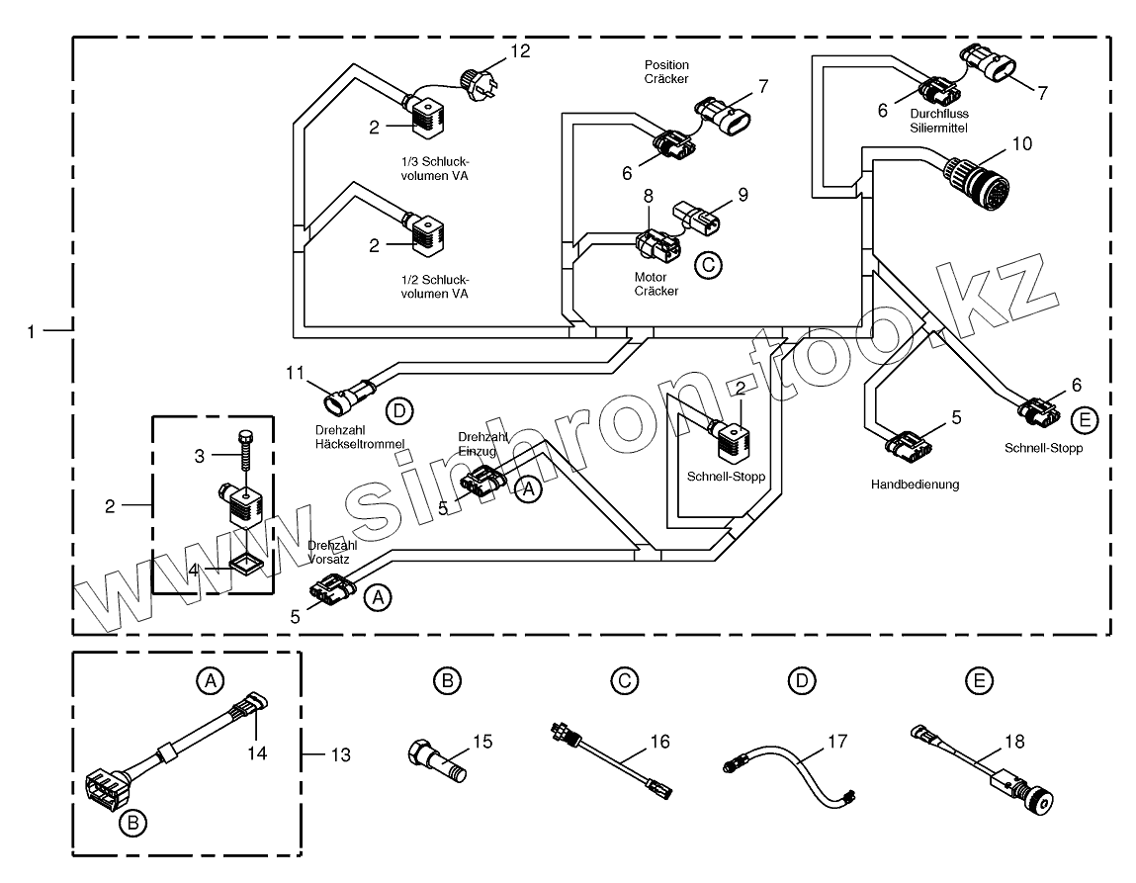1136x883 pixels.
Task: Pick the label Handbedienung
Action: coord(915,485)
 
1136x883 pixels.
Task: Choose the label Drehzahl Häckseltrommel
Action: coord(360,437)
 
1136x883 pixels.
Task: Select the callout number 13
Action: coord(340,754)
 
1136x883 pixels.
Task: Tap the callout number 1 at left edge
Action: coord(33,331)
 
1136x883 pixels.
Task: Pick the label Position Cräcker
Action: coord(665,70)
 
